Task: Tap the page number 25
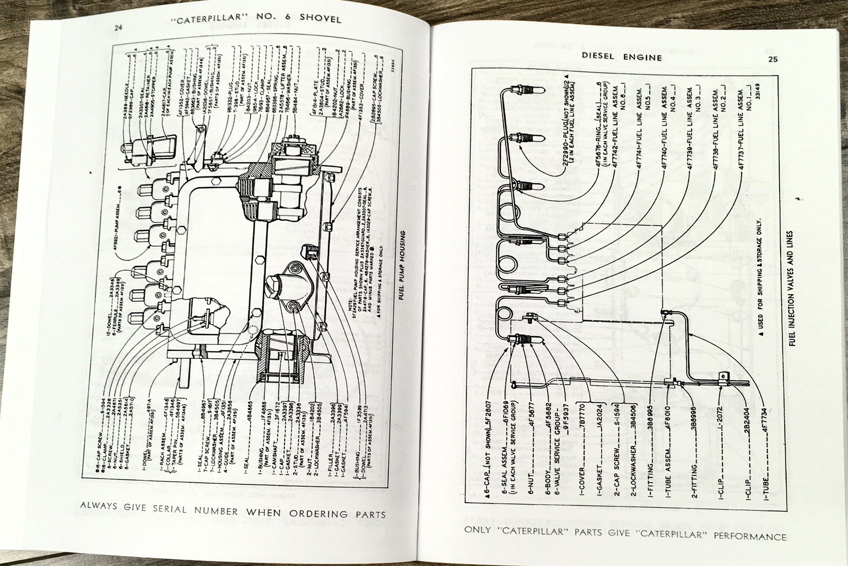[772, 59]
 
